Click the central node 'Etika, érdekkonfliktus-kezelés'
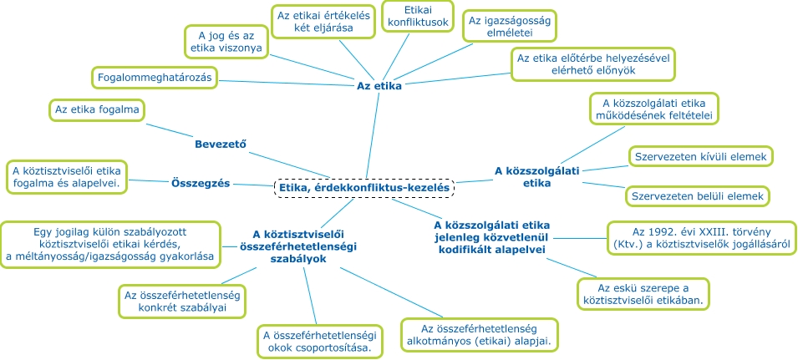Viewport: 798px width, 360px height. click(x=364, y=188)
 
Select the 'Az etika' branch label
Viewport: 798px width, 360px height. click(x=379, y=85)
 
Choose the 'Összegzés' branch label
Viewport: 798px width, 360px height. click(x=201, y=183)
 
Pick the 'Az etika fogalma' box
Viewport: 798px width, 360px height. click(x=96, y=109)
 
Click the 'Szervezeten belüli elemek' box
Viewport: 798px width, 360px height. click(x=697, y=196)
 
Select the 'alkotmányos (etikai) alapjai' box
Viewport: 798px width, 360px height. click(x=479, y=334)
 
